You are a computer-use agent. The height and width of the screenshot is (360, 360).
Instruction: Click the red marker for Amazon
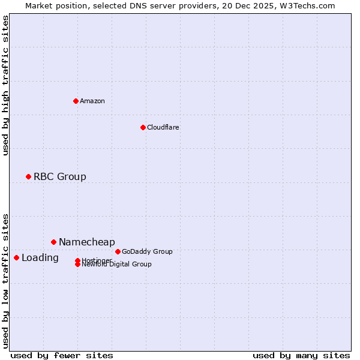tap(76, 101)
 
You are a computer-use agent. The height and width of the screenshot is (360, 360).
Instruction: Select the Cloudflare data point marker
tap(143, 127)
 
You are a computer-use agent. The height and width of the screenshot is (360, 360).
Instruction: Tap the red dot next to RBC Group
tap(28, 176)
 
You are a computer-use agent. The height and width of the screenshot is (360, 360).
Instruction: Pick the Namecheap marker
tap(53, 242)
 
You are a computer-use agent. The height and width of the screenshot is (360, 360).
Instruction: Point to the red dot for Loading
tap(16, 257)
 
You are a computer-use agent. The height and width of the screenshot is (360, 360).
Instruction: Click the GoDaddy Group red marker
tap(118, 251)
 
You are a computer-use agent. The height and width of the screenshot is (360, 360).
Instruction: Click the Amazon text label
tap(92, 101)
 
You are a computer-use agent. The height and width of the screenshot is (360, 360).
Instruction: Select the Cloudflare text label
tap(163, 127)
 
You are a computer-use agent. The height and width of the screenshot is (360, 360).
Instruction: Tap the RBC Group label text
tap(60, 176)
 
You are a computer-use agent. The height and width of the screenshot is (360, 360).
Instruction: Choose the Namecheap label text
tap(87, 242)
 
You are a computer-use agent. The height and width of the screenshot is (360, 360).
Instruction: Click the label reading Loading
tap(40, 258)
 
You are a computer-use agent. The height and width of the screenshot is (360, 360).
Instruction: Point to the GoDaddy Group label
tap(147, 251)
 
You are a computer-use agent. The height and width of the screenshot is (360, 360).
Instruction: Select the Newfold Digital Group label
tap(117, 265)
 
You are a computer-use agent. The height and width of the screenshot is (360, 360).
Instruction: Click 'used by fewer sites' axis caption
tap(62, 355)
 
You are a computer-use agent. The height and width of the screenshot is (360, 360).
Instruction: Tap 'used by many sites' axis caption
tap(301, 355)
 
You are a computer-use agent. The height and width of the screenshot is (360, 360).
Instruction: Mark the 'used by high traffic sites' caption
tap(6, 85)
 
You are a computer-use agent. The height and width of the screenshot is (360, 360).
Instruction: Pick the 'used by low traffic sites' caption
tap(6, 280)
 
